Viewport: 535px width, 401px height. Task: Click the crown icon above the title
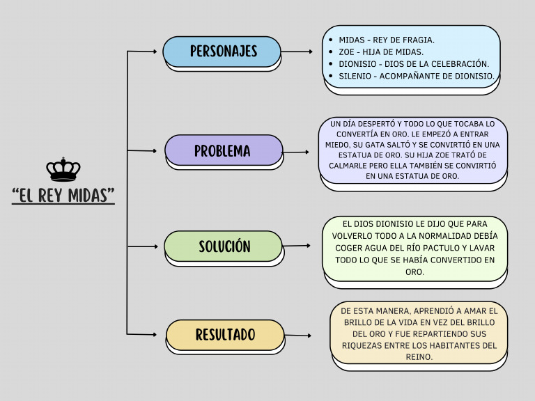coord(63,170)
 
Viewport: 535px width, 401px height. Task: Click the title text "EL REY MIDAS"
coord(63,195)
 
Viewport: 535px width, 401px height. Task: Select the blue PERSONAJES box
coord(222,52)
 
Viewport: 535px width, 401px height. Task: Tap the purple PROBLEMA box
coord(224,150)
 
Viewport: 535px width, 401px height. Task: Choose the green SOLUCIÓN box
coord(223,246)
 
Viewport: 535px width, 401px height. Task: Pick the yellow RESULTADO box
coord(225,335)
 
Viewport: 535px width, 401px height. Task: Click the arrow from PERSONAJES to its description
coord(297,52)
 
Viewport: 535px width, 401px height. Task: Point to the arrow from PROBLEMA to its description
coord(297,152)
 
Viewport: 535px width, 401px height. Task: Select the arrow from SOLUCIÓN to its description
coord(297,246)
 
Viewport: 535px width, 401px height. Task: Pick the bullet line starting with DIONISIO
coord(414,63)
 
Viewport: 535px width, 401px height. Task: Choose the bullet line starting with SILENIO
coord(416,75)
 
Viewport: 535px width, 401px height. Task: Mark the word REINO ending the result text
coord(419,357)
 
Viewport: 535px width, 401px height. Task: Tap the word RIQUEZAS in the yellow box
coord(363,345)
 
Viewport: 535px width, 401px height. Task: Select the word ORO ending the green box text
coord(414,272)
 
